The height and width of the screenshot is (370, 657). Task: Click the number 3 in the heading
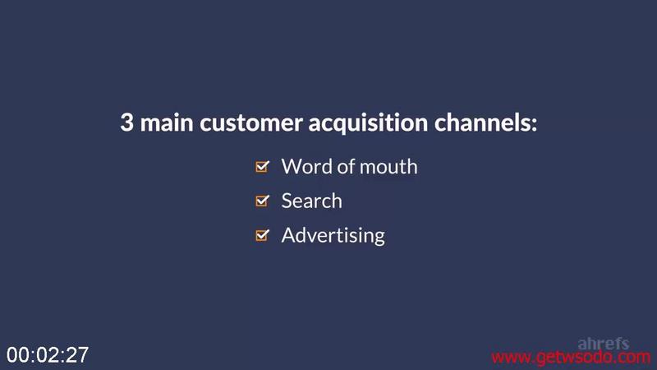[x=127, y=123]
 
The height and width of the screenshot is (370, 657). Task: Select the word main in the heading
[x=167, y=123]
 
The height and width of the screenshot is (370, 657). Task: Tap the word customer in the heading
[x=251, y=123]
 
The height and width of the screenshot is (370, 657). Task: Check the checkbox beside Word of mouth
[x=262, y=167]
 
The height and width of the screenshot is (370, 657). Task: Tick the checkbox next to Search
[x=262, y=201]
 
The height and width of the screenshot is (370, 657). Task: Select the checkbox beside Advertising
[x=262, y=235]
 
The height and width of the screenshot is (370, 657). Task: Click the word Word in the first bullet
[x=307, y=167]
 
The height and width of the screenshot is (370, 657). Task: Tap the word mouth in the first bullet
[x=388, y=167]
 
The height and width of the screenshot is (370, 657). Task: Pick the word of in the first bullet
[x=346, y=167]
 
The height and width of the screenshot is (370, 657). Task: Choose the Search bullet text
[x=312, y=201]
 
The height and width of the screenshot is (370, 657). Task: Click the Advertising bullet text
[x=333, y=236]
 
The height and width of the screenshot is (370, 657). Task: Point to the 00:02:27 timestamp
[x=48, y=355]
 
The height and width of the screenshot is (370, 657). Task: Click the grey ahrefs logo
[x=604, y=344]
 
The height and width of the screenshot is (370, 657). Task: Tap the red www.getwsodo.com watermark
[x=571, y=358]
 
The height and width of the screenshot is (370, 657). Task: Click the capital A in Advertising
[x=289, y=235]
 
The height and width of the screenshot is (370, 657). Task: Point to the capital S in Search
[x=287, y=201]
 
